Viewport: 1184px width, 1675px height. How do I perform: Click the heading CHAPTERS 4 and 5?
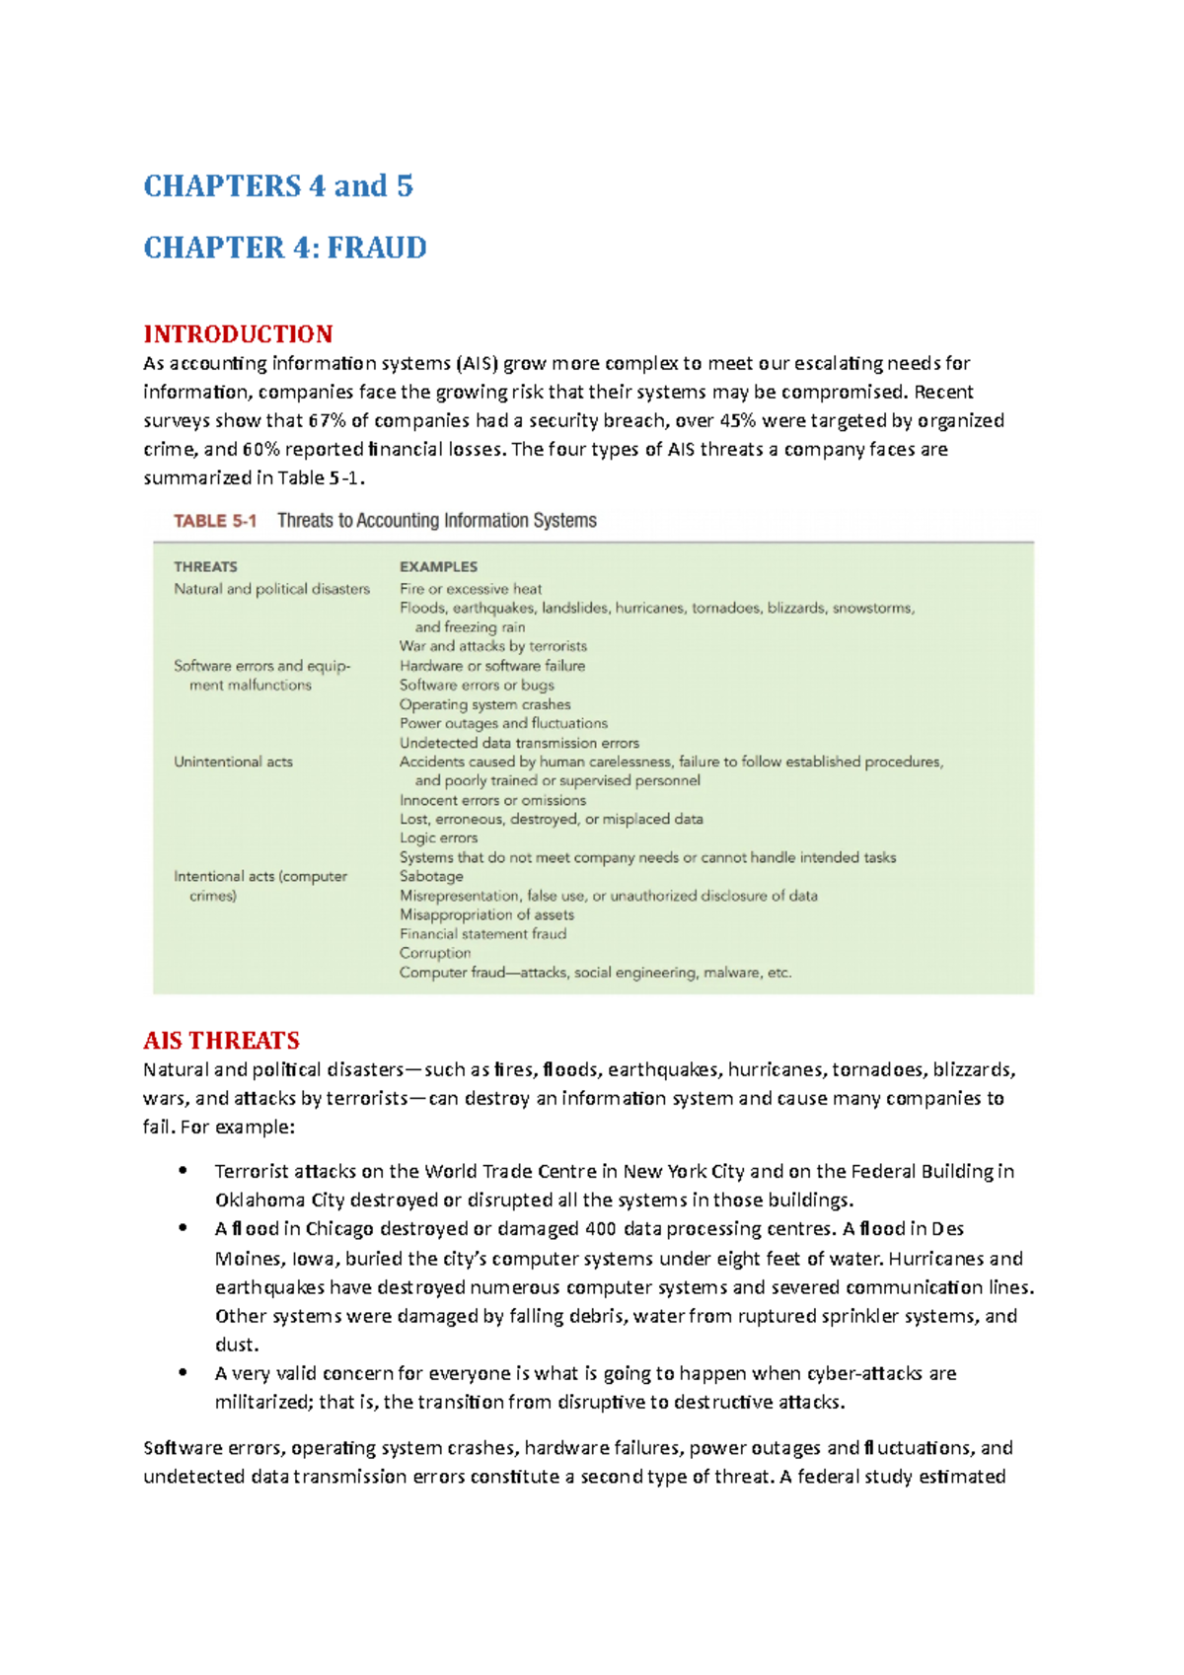[x=278, y=186]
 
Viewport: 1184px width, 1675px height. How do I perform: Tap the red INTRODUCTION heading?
[x=238, y=333]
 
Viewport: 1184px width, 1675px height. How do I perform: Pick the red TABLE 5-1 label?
[x=215, y=521]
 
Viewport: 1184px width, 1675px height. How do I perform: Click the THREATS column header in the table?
[x=205, y=567]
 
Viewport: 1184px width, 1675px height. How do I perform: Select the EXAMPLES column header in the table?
[x=438, y=567]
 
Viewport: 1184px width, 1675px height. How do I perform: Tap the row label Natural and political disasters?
[x=271, y=589]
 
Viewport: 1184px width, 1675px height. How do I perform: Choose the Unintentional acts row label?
[x=233, y=762]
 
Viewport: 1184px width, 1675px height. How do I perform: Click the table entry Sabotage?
[x=431, y=877]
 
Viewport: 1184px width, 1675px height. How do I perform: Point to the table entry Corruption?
[x=435, y=953]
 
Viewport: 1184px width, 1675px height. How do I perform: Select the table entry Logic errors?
[x=438, y=838]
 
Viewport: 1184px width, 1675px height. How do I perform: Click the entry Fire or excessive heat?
[x=471, y=589]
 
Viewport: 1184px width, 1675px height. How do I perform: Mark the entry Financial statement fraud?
[x=482, y=934]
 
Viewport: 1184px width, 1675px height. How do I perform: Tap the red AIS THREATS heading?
[x=221, y=1041]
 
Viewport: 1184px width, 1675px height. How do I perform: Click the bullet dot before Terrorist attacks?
[x=183, y=1171]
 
